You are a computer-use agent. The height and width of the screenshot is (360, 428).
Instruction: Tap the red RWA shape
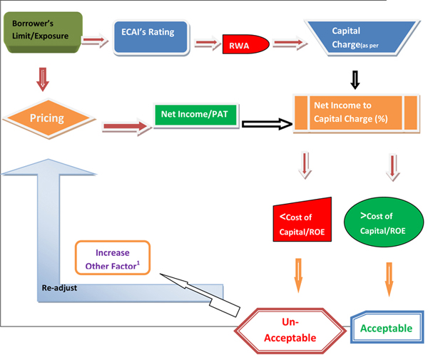pos(245,45)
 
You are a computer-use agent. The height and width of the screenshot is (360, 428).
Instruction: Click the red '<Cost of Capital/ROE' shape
pos(302,221)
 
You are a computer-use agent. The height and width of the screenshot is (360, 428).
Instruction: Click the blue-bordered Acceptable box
pos(385,328)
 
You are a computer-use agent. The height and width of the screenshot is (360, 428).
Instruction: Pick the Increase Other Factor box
pos(112,259)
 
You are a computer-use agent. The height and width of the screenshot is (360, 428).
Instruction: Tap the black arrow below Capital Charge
pos(355,78)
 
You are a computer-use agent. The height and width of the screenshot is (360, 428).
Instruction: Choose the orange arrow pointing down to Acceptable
pos(389,278)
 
